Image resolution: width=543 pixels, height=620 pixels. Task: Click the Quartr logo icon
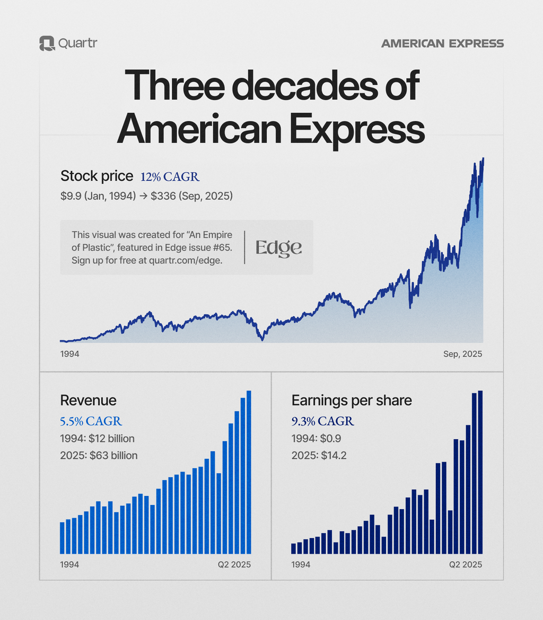(x=47, y=43)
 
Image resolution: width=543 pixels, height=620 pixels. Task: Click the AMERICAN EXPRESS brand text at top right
(x=442, y=43)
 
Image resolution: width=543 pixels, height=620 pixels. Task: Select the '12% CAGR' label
(x=170, y=176)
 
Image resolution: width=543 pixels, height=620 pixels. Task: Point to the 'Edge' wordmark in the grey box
(x=278, y=247)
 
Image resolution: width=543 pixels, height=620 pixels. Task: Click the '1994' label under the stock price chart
(x=70, y=354)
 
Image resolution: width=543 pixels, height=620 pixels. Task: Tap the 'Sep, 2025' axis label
(x=462, y=354)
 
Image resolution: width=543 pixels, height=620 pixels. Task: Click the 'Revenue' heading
(x=88, y=400)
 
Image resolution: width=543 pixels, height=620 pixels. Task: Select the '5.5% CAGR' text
(x=91, y=421)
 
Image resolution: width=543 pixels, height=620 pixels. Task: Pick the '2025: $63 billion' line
(x=99, y=455)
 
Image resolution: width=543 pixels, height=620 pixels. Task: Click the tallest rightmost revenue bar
(x=249, y=472)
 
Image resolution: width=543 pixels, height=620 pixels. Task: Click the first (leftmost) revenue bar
(x=62, y=538)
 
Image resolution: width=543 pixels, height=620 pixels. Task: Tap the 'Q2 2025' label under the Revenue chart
(x=234, y=565)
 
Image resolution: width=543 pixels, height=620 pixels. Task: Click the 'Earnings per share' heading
(x=352, y=400)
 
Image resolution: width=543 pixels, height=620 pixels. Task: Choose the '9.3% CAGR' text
(x=322, y=421)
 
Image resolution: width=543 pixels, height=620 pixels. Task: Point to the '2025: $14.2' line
(x=319, y=455)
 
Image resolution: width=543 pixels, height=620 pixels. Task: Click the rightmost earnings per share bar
(x=480, y=472)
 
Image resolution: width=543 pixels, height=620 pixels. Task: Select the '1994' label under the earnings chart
(x=301, y=565)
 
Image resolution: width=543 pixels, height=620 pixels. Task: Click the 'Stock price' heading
(x=97, y=176)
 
